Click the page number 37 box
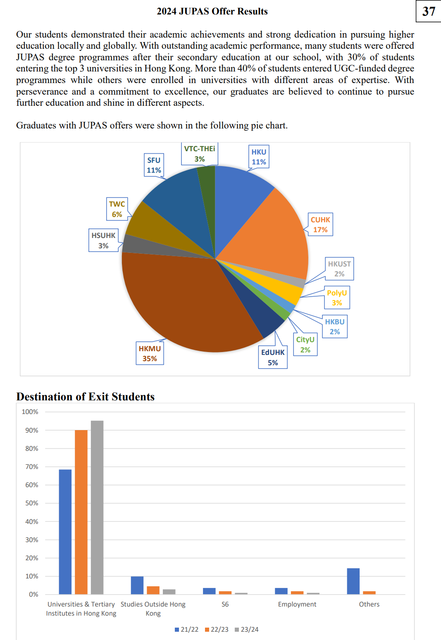pyautogui.click(x=429, y=11)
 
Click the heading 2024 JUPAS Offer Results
pyautogui.click(x=212, y=11)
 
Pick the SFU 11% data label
pyautogui.click(x=154, y=165)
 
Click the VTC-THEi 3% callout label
pyautogui.click(x=200, y=154)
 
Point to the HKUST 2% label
pyautogui.click(x=339, y=269)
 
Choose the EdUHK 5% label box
pyautogui.click(x=273, y=357)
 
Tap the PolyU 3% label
pyautogui.click(x=337, y=297)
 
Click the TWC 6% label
pyautogui.click(x=117, y=209)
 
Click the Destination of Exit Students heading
pyautogui.click(x=85, y=397)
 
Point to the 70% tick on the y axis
pyautogui.click(x=32, y=467)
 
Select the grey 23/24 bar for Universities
pyautogui.click(x=97, y=507)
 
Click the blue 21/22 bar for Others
pyautogui.click(x=353, y=581)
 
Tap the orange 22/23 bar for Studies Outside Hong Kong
pyautogui.click(x=153, y=590)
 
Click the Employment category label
pyautogui.click(x=297, y=604)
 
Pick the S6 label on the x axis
pyautogui.click(x=225, y=604)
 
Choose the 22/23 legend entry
pyautogui.click(x=217, y=630)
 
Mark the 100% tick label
pyautogui.click(x=30, y=412)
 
